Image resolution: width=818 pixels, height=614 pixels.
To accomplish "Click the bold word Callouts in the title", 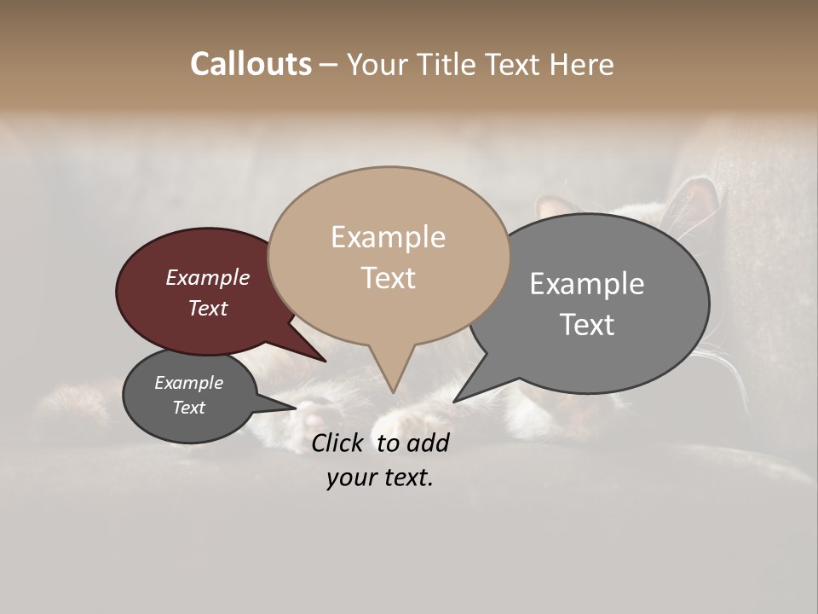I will (x=251, y=64).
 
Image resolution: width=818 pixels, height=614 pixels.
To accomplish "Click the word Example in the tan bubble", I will (x=388, y=237).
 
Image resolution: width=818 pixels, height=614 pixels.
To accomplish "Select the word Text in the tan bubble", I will (x=389, y=278).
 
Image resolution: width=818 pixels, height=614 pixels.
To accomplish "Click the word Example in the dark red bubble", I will (x=208, y=277).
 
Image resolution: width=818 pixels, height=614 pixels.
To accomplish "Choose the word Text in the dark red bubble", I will (x=208, y=308).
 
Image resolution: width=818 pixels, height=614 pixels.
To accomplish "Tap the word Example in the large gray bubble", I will (x=587, y=283).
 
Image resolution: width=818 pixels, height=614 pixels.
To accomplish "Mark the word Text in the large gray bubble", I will (x=587, y=324).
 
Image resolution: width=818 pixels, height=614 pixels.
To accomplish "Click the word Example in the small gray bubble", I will (x=188, y=383).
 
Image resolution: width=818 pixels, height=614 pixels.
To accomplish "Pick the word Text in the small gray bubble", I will (x=188, y=408).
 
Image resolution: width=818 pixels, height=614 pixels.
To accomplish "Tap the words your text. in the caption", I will (x=380, y=478).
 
